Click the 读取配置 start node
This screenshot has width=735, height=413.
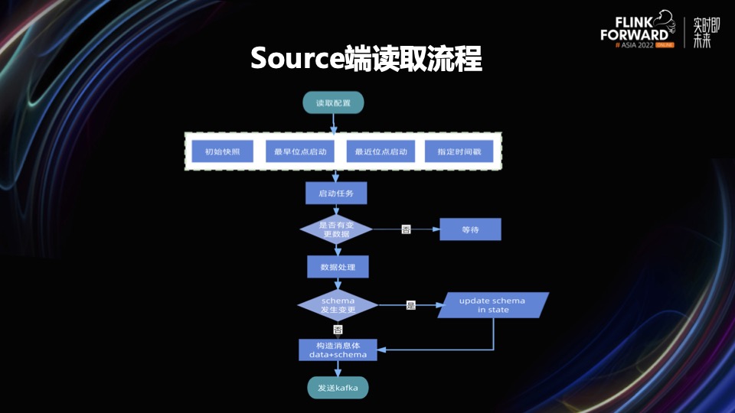[333, 102]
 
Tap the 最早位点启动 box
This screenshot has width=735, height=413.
[300, 151]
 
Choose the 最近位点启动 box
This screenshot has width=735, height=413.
[381, 151]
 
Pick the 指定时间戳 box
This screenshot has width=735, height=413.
[459, 151]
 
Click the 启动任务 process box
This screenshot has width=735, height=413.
[336, 193]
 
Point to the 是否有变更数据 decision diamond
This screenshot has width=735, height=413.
[335, 229]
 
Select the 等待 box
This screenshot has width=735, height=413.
[470, 229]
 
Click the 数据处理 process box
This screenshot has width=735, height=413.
[338, 266]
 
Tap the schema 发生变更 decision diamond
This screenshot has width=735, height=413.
[338, 305]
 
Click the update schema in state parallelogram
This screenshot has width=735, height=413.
[492, 305]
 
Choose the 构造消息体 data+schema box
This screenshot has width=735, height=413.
[337, 350]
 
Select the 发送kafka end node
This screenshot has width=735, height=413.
[338, 389]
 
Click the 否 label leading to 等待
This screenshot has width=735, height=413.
[406, 229]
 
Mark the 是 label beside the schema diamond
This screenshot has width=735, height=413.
[410, 305]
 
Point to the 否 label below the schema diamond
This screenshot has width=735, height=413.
[338, 330]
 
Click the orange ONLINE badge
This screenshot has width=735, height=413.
[665, 45]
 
